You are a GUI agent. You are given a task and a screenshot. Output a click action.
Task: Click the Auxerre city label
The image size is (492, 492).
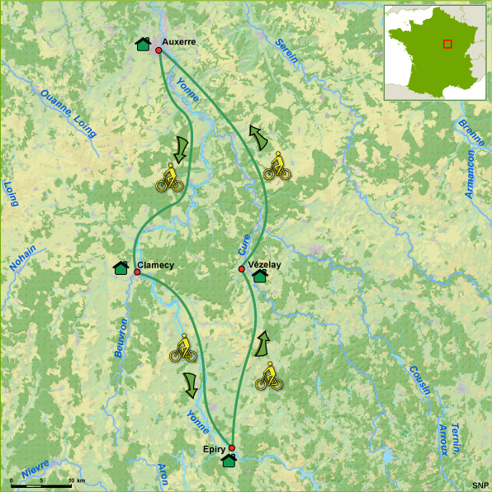179,40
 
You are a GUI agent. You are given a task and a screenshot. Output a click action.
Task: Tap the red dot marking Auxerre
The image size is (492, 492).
158,50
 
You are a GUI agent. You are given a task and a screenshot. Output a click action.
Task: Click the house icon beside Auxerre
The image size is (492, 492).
143,45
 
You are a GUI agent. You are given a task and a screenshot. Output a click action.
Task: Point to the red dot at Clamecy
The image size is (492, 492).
137,272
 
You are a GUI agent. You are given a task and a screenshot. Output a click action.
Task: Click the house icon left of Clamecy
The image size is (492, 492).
121,267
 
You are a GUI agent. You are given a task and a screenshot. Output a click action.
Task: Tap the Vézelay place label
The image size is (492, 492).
265,264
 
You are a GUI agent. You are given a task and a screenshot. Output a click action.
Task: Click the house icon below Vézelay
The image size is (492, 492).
259,276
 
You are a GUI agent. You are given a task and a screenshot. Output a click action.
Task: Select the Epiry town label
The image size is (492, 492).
215,449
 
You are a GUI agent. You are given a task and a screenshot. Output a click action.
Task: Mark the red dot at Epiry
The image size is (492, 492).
232,448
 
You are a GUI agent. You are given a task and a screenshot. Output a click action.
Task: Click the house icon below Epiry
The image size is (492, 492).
229,460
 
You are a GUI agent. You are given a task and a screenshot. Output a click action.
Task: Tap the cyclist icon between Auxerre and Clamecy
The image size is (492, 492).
170,178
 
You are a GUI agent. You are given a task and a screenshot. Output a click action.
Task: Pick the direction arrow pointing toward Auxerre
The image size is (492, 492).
259,137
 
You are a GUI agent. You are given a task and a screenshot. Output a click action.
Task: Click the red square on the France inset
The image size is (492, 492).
447,44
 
